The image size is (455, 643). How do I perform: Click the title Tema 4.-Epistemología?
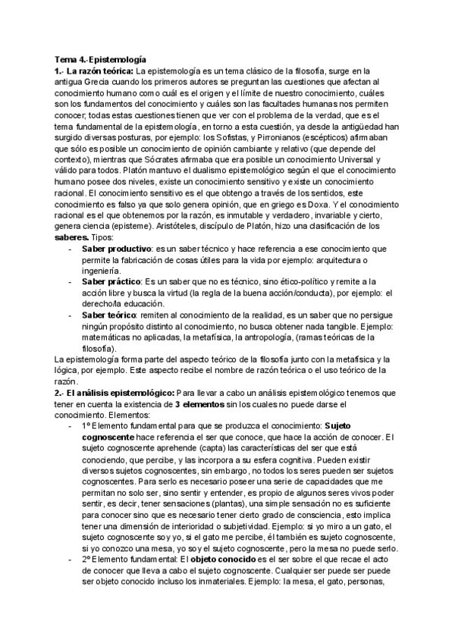[x=100, y=58]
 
